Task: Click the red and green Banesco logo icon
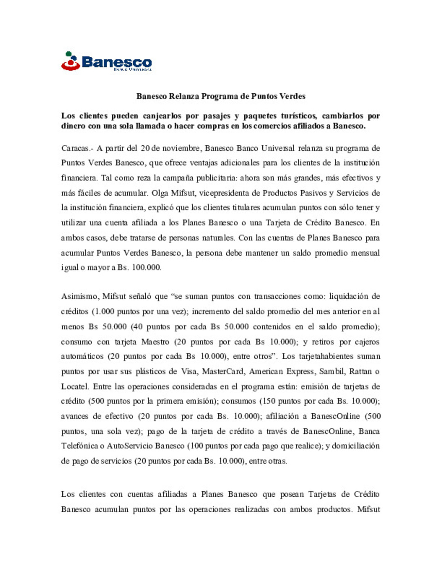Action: (x=70, y=61)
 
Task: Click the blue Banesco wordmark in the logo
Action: (x=117, y=62)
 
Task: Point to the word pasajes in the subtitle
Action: (x=216, y=116)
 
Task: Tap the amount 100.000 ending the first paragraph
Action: (x=146, y=268)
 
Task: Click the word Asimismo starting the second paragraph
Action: (x=79, y=296)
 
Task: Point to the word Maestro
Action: (x=155, y=342)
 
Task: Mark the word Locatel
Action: (x=75, y=387)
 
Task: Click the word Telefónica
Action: (x=79, y=446)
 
